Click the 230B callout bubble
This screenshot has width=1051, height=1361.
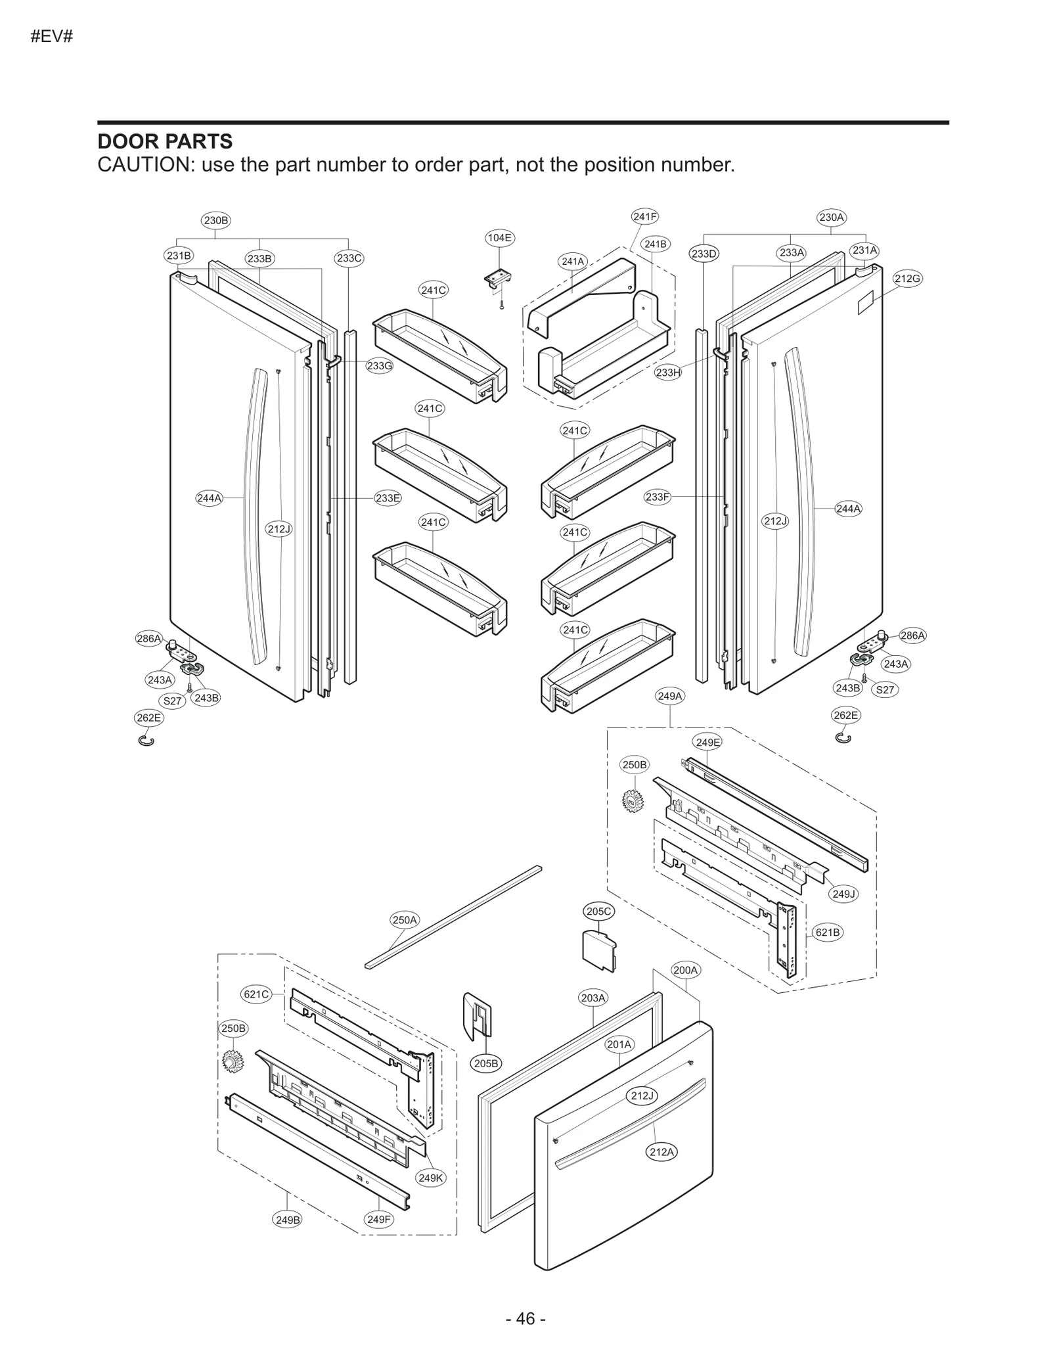pos(215,220)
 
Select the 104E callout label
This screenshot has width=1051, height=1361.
pos(499,237)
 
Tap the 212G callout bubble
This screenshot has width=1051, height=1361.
pos(906,279)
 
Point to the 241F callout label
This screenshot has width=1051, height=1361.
pos(644,216)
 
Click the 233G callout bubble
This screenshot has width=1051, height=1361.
pos(379,366)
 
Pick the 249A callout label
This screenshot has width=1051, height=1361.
pos(670,695)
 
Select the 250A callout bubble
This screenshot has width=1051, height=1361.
pos(405,920)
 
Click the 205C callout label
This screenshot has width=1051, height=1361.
pos(598,911)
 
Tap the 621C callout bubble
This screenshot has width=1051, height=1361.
pos(256,994)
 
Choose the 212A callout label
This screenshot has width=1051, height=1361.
pos(661,1152)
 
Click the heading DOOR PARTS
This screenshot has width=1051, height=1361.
pos(164,141)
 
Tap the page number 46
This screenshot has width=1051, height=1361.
pos(525,1318)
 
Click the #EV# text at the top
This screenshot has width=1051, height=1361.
pos(51,36)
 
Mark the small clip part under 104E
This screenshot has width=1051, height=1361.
pos(499,279)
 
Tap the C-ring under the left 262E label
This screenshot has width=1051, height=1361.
pos(147,741)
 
